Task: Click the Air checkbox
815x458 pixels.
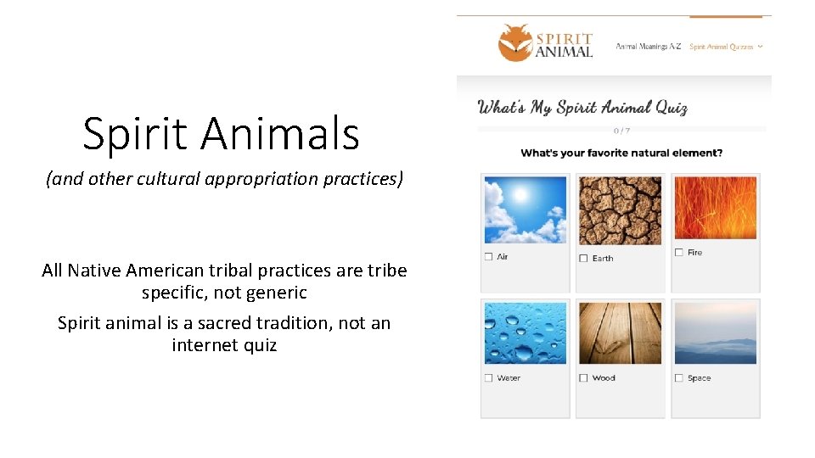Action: (x=488, y=256)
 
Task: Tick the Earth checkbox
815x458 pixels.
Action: (x=583, y=258)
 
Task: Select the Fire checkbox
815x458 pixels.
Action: (x=678, y=252)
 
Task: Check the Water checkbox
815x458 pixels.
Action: (x=488, y=377)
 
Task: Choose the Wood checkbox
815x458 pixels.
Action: (x=583, y=377)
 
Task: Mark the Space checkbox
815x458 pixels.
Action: (x=678, y=377)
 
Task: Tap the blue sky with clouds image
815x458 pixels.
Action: (x=525, y=209)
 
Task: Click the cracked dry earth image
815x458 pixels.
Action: (x=620, y=210)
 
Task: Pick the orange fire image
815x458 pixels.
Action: (x=715, y=208)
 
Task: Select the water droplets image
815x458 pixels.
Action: (x=525, y=333)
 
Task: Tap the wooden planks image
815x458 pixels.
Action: (x=620, y=333)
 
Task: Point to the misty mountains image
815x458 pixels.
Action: (x=715, y=333)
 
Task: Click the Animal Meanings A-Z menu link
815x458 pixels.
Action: (x=648, y=47)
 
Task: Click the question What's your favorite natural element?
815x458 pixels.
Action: (x=621, y=154)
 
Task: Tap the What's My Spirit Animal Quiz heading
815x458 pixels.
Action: (x=582, y=108)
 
